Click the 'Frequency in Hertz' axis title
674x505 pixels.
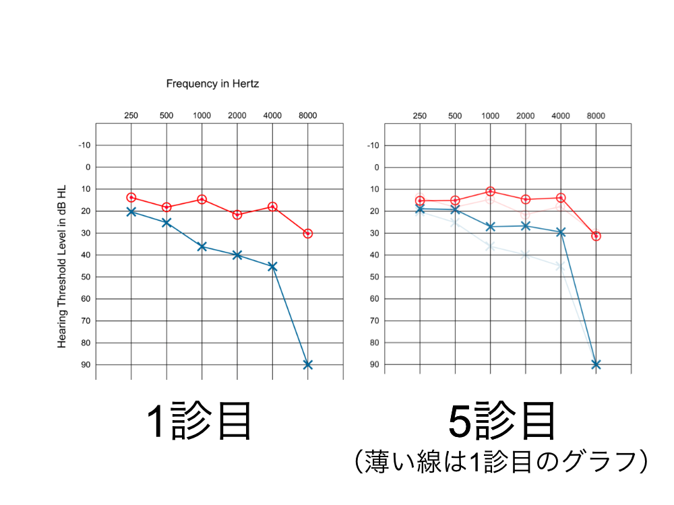coord(212,84)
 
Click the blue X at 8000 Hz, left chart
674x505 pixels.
coord(308,364)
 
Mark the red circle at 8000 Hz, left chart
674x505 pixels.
coord(308,234)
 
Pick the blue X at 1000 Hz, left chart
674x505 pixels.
coord(202,246)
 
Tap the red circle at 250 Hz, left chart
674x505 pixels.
coord(131,197)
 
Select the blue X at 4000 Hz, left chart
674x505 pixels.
coord(272,267)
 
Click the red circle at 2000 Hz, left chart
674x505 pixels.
coord(237,215)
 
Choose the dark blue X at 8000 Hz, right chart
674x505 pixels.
coord(596,364)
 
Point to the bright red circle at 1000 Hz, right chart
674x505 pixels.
coord(491,192)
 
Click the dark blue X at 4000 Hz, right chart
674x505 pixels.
coord(561,232)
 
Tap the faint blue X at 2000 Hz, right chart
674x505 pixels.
coord(526,255)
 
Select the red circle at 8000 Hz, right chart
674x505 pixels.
coord(596,236)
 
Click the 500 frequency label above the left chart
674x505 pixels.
coord(166,116)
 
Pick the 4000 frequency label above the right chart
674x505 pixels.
coord(561,116)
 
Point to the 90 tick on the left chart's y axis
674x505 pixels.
coord(84,364)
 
